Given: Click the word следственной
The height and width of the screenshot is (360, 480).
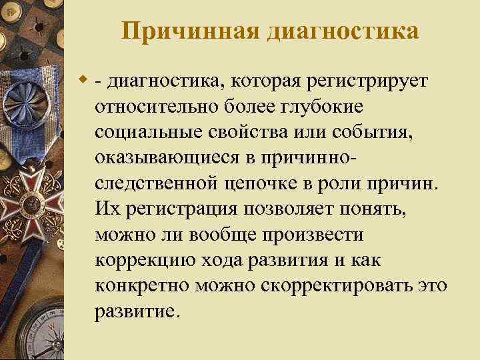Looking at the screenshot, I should (x=160, y=183).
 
